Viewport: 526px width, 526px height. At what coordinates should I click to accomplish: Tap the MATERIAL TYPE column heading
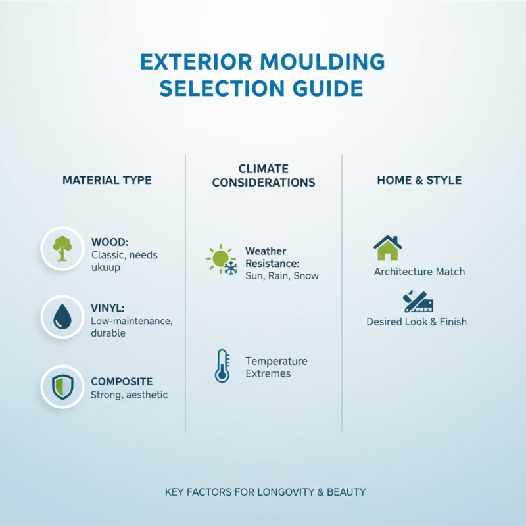(107, 180)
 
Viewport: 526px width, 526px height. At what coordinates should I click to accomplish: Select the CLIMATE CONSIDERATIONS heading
(264, 176)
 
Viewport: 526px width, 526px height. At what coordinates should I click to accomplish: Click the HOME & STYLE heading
(419, 180)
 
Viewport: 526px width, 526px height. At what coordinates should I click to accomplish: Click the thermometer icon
(222, 366)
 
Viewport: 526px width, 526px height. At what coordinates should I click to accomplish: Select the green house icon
(388, 248)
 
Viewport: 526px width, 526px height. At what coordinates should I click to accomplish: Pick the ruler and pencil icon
(418, 301)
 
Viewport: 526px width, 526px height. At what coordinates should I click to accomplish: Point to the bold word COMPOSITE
(122, 381)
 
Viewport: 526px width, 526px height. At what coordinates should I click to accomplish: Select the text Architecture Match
(419, 272)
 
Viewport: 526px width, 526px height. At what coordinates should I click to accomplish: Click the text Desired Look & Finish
(416, 322)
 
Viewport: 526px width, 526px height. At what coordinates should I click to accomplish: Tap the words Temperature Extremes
(275, 368)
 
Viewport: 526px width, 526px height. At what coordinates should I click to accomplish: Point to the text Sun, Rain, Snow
(281, 276)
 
